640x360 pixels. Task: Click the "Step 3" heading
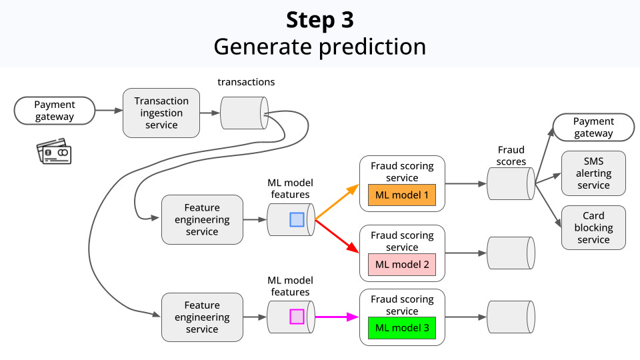coord(320,20)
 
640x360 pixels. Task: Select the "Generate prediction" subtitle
coord(320,47)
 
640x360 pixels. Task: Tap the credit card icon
coord(54,151)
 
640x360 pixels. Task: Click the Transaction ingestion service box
coord(161,113)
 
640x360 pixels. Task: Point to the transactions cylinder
coord(243,113)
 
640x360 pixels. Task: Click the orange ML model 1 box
coord(402,195)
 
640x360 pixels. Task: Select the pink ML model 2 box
coord(402,264)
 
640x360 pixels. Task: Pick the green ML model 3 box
coord(402,328)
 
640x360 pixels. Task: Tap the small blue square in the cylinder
coord(297,220)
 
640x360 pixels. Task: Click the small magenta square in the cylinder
coord(297,317)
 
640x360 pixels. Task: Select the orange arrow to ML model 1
coord(337,202)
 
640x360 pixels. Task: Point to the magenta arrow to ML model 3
coord(337,317)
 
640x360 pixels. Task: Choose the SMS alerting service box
coord(593,173)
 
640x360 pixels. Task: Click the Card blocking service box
coord(593,227)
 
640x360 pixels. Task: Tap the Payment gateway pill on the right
coord(593,127)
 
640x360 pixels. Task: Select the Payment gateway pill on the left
coord(55,111)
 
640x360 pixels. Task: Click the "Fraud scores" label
coord(511,155)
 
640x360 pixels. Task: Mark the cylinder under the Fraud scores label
coord(511,183)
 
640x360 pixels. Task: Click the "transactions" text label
coord(246,82)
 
